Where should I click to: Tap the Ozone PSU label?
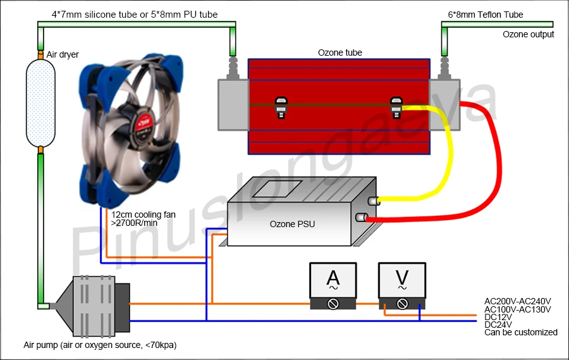(292, 224)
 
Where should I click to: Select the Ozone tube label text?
(340, 53)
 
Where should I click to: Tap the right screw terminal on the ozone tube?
(397, 106)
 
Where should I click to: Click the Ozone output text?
(528, 35)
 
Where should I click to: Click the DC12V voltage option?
(498, 316)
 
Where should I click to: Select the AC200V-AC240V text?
(517, 301)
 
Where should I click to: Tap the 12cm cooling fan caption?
(143, 215)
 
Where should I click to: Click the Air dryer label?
(63, 55)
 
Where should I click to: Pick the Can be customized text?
(520, 332)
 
